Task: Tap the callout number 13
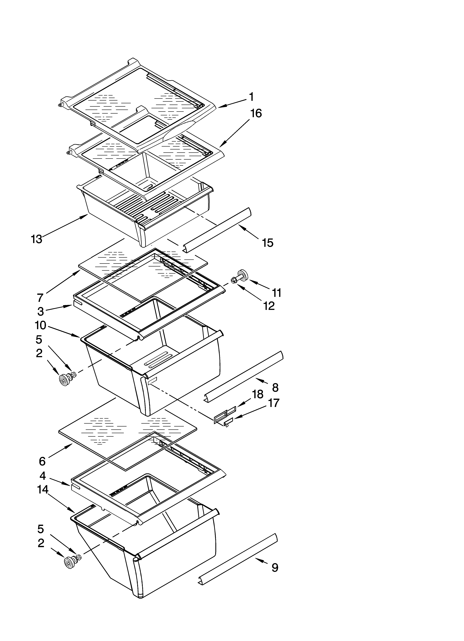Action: pos(37,239)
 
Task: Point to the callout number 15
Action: pos(268,243)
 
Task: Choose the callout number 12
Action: pos(269,306)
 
